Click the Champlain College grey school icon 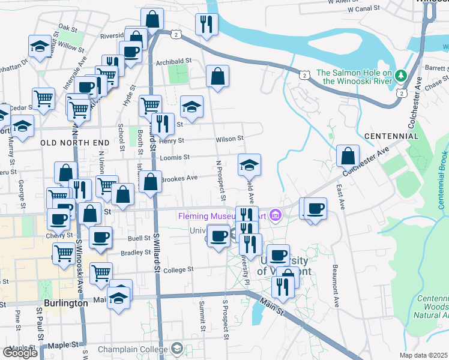[x=177, y=348]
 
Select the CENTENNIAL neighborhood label [x=391, y=136]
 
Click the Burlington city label [x=66, y=303]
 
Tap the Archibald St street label [x=173, y=61]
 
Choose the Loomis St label [x=175, y=157]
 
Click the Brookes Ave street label [x=179, y=178]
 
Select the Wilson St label [x=229, y=139]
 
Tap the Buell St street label [x=139, y=238]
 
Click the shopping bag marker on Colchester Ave [x=348, y=157]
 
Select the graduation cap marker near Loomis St [x=250, y=164]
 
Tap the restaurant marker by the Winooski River [x=206, y=25]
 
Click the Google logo [x=20, y=353]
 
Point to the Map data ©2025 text [x=424, y=355]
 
